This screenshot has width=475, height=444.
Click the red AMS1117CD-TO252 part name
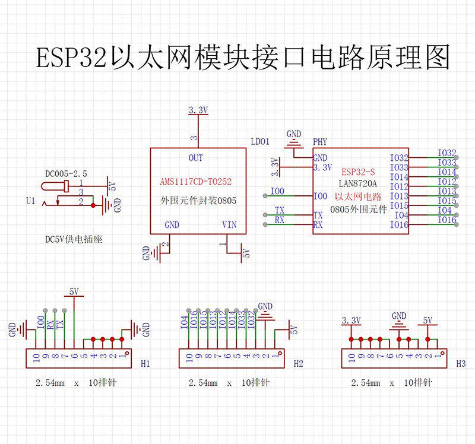click(x=196, y=182)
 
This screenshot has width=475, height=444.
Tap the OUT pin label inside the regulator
click(x=196, y=158)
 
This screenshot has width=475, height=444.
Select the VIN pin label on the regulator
click(x=229, y=225)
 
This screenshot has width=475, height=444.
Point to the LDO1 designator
click(x=260, y=141)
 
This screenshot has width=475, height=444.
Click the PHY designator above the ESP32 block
click(x=320, y=142)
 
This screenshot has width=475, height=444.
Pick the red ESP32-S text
click(x=358, y=172)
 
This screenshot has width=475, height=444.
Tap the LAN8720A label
click(x=358, y=183)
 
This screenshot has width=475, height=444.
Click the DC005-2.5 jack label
click(x=66, y=174)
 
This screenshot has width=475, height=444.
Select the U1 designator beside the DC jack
click(x=31, y=201)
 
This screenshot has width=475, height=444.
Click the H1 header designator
click(x=145, y=363)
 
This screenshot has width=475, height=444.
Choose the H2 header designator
click(x=299, y=363)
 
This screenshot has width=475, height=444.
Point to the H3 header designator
click(x=461, y=363)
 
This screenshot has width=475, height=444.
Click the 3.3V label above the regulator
click(x=198, y=110)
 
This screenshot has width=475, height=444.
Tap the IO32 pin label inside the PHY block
click(x=399, y=158)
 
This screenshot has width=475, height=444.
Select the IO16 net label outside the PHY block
click(x=447, y=220)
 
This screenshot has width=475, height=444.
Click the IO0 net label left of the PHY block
click(x=277, y=191)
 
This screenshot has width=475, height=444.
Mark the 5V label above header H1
click(x=74, y=291)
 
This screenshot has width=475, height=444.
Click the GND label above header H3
click(x=399, y=316)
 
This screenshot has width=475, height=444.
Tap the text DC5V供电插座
click(x=74, y=240)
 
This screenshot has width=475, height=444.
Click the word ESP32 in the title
click(x=71, y=57)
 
